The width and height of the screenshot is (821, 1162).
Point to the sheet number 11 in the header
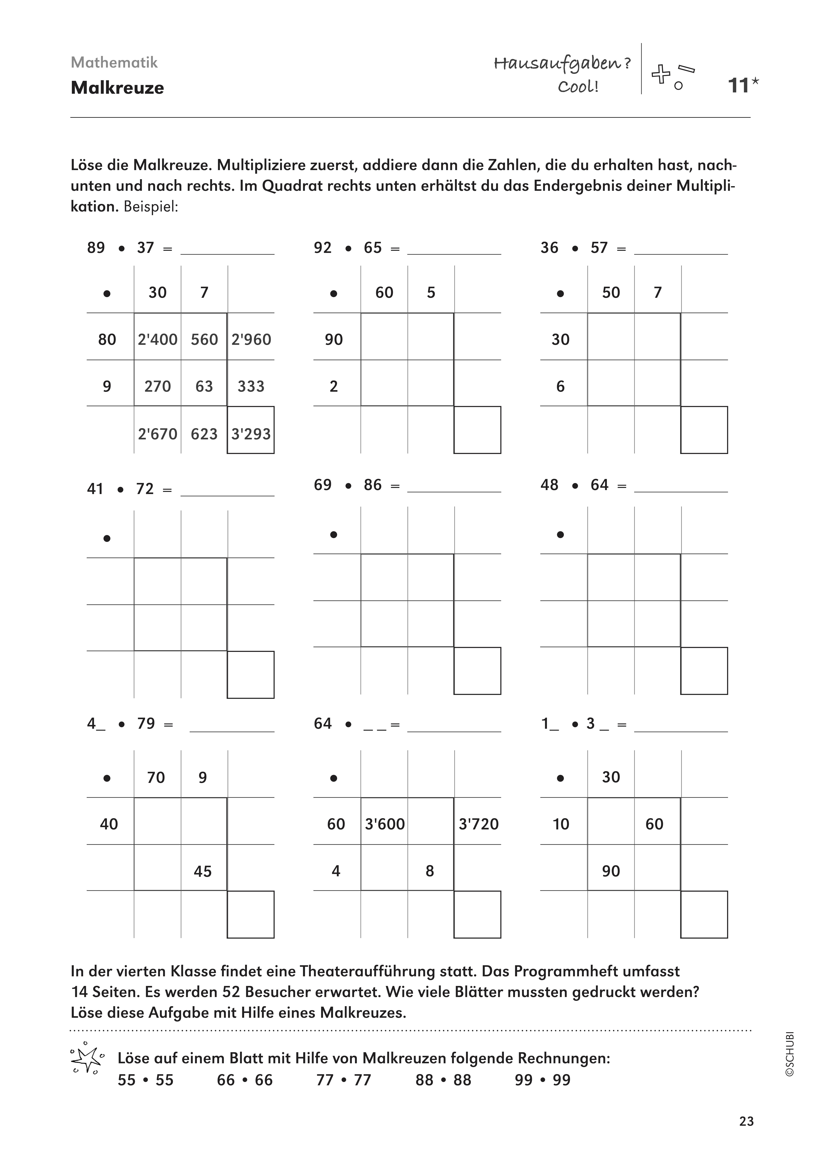pos(738,85)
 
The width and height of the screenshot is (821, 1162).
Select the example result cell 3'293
pos(251,434)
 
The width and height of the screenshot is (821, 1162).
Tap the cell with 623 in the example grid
pos(204,434)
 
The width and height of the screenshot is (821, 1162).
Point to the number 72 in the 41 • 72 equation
pos(145,489)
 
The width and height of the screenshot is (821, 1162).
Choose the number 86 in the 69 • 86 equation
pos(372,485)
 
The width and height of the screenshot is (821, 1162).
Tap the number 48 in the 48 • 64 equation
pos(549,485)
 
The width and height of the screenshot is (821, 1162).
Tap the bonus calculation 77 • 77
pos(343,1080)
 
